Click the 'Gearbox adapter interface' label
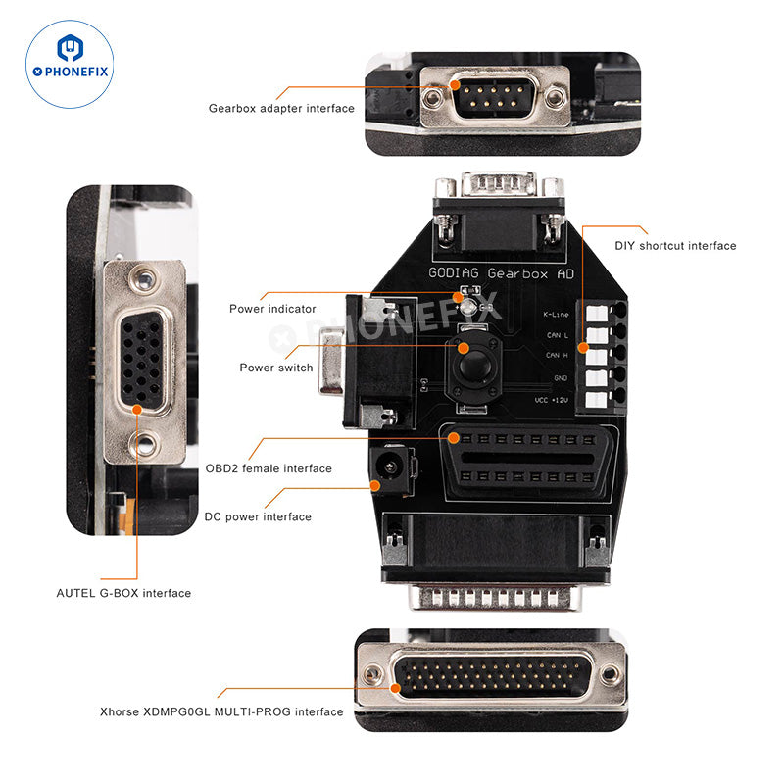coord(281,109)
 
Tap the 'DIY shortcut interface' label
coord(675,246)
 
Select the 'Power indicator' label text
coord(272,309)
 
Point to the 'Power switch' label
coord(276,367)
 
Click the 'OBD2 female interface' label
coord(269,468)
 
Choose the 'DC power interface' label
coord(258,516)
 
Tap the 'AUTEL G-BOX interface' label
coord(123,593)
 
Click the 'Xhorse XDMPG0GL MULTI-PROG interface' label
coord(221,711)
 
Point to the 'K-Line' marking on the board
coord(557,315)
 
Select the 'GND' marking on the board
coord(561,377)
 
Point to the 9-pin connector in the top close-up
coord(489,97)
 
